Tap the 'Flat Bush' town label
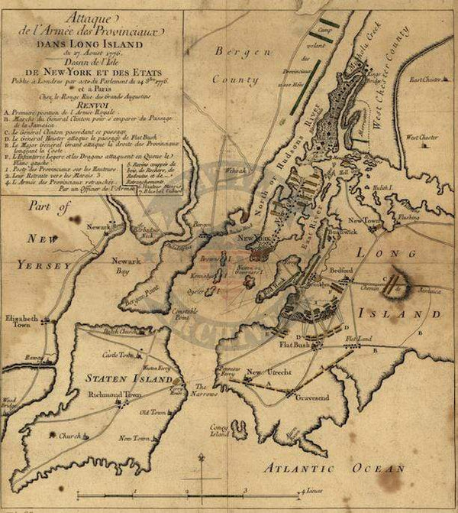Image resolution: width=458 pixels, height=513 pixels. (x=292, y=343)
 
